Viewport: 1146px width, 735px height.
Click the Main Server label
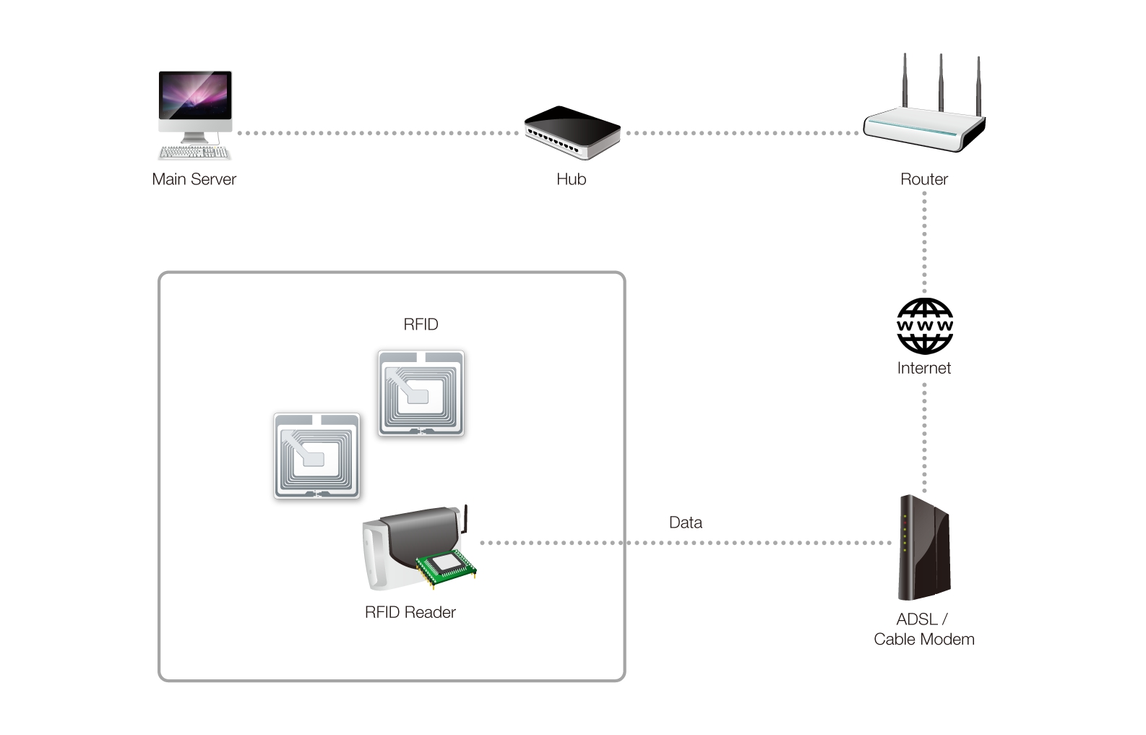click(194, 179)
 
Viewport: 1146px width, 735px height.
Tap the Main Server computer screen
click(195, 95)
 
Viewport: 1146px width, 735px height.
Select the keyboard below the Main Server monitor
click(194, 152)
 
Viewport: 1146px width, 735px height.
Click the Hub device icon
click(572, 132)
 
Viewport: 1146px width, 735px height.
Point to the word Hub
click(572, 179)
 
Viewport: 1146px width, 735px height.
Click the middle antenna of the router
click(940, 82)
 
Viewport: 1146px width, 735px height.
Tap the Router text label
click(924, 179)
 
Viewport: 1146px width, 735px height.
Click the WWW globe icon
click(925, 326)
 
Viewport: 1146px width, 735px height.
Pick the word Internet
click(924, 368)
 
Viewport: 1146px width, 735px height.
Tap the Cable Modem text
click(924, 640)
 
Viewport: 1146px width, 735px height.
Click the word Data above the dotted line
click(686, 523)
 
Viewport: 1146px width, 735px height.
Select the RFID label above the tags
click(421, 324)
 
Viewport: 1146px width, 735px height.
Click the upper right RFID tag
click(421, 393)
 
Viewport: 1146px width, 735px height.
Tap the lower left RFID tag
click(316, 456)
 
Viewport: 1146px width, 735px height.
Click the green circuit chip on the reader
click(446, 567)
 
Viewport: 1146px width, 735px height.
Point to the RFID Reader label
click(410, 613)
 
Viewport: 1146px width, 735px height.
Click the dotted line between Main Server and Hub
click(378, 133)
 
